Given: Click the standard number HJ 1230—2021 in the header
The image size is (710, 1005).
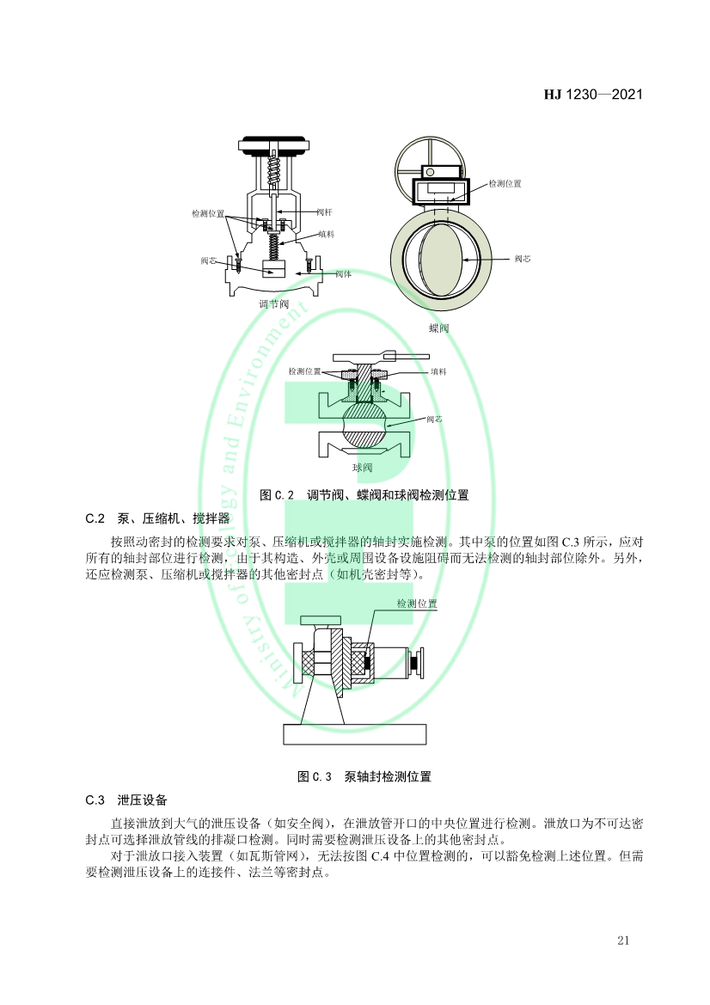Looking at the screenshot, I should click(x=593, y=95).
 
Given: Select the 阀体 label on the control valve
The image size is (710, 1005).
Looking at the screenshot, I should click(x=343, y=274).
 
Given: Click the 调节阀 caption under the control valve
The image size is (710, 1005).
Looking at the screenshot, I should click(x=273, y=303).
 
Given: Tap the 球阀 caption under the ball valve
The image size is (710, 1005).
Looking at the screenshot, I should click(x=362, y=468).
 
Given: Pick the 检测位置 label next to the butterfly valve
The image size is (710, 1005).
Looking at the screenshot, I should click(x=505, y=184).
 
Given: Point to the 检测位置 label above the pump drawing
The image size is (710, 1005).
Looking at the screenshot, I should click(x=417, y=604).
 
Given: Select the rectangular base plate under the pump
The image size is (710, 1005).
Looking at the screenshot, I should click(x=354, y=733).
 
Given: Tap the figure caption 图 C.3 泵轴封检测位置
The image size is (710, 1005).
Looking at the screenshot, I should click(x=364, y=776).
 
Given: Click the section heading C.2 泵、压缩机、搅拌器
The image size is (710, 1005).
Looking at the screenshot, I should click(x=157, y=518).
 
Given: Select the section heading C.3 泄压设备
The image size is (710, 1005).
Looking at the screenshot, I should click(x=126, y=800).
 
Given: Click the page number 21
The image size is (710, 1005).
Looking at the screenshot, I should click(x=623, y=940).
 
